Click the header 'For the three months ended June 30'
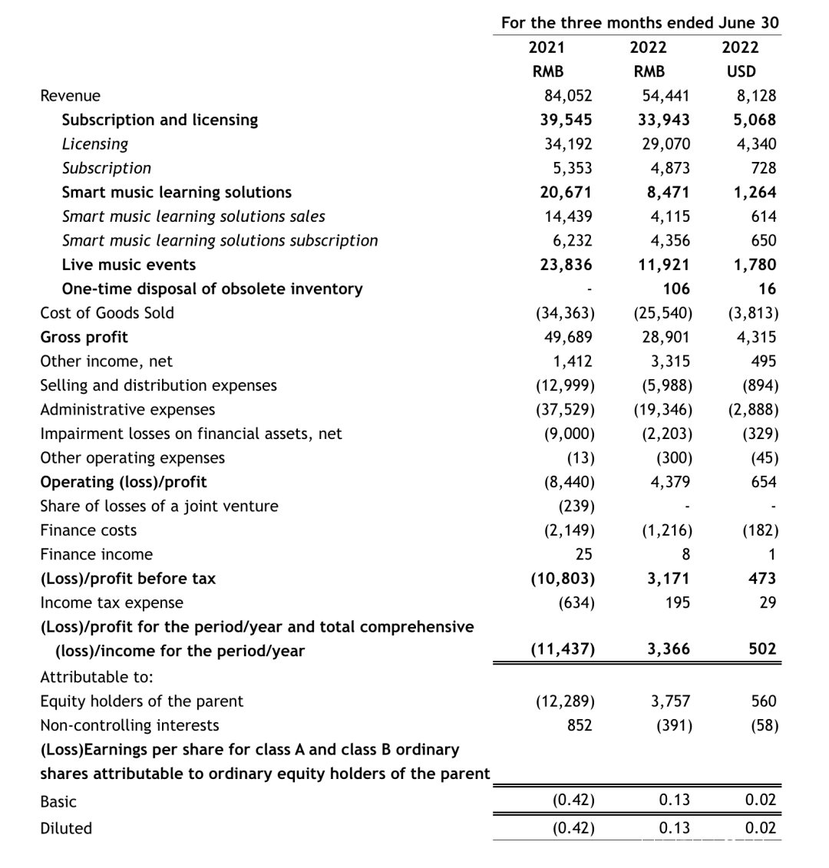639,22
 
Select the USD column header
740,71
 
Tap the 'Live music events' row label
128,265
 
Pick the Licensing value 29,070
666,144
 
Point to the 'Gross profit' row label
84,337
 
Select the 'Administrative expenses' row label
127,409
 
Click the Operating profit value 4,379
669,482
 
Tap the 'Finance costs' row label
88,530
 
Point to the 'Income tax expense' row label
111,602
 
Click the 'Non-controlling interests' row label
129,725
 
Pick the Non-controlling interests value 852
580,725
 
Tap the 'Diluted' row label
66,828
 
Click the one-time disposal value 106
676,289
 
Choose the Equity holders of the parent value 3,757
669,701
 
